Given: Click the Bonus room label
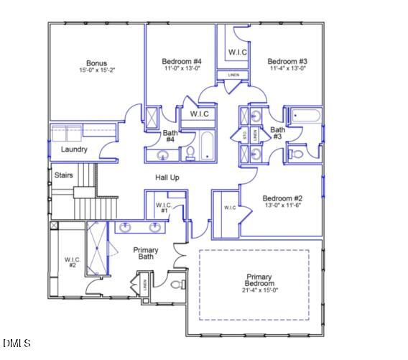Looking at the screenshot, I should click(x=96, y=63).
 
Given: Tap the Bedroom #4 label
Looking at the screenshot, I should click(x=181, y=62).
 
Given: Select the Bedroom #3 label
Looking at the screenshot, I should click(x=288, y=61).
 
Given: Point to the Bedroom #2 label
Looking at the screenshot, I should click(x=282, y=198).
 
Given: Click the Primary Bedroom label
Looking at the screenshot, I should click(x=259, y=280).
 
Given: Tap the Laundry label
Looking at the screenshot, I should click(x=74, y=149).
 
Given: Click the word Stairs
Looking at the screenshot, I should click(x=64, y=175).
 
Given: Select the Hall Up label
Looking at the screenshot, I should click(x=167, y=177).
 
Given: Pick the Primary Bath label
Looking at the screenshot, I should click(x=146, y=253).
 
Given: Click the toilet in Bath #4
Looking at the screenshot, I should click(x=190, y=152).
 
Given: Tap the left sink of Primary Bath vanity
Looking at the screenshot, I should click(x=126, y=228).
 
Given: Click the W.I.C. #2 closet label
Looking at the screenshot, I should click(x=72, y=262).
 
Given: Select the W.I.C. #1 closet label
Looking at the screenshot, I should click(x=163, y=208).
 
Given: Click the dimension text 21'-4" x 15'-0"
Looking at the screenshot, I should click(x=259, y=290).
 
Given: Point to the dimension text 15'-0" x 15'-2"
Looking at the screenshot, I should click(x=96, y=71).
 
